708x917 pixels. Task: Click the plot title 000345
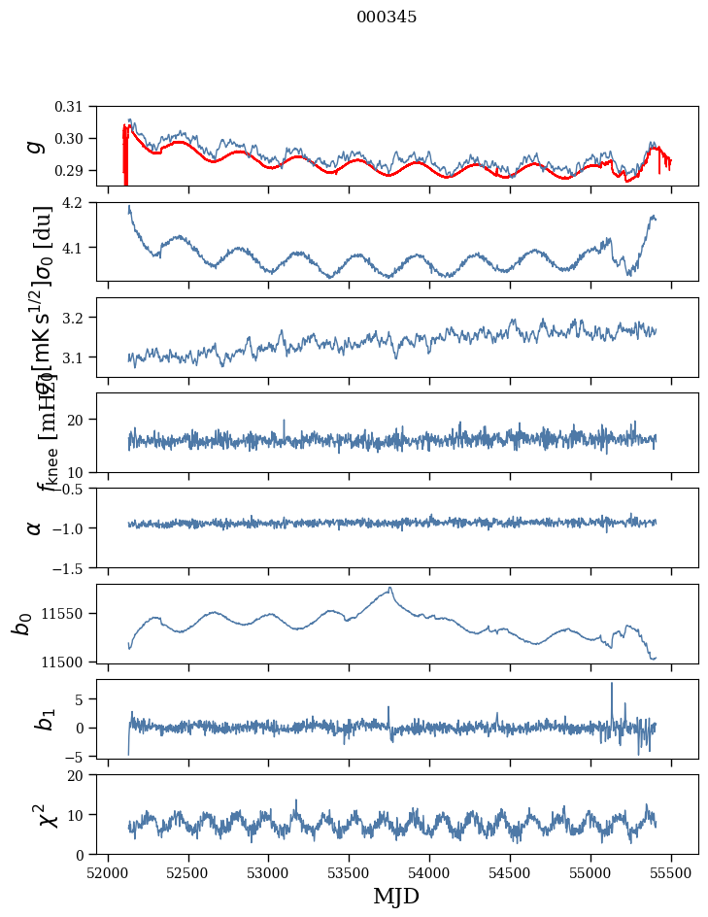pos(387,17)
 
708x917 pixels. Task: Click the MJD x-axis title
pos(396,896)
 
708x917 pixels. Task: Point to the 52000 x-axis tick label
pos(108,873)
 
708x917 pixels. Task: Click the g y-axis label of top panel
pos(36,145)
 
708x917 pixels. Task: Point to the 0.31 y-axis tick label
pos(83,106)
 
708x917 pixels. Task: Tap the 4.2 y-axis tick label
pos(85,202)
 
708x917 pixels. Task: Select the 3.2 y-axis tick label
pos(85,318)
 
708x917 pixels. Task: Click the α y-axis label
pos(34,527)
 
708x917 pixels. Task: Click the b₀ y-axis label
pos(21,624)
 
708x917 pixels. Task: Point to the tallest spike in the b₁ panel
pos(612,684)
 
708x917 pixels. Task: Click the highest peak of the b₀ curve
pos(390,588)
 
